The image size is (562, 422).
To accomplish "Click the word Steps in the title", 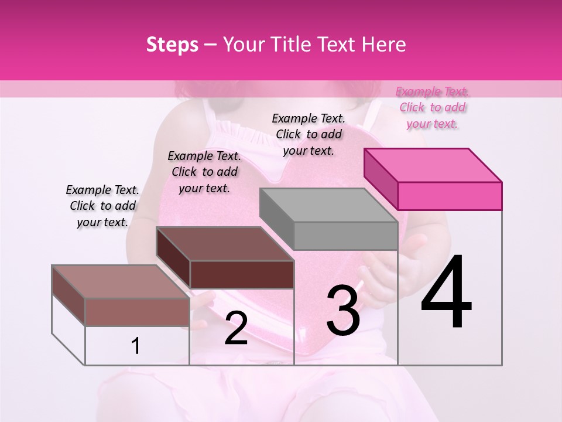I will click(172, 45).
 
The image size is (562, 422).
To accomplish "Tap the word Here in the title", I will click(381, 45).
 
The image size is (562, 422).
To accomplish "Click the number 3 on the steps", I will click(343, 311).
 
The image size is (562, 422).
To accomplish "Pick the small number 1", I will click(136, 346).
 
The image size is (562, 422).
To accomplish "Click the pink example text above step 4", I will click(433, 108).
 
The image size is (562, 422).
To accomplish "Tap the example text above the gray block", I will click(309, 134).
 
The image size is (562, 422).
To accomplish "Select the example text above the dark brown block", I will click(204, 172).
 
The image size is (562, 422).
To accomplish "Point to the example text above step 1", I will click(102, 206).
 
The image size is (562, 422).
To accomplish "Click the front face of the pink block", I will click(450, 196).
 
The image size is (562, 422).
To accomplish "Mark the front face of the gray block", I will click(345, 236).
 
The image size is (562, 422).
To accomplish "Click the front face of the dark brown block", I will click(242, 274).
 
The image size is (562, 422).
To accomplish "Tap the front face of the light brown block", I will click(137, 312).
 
